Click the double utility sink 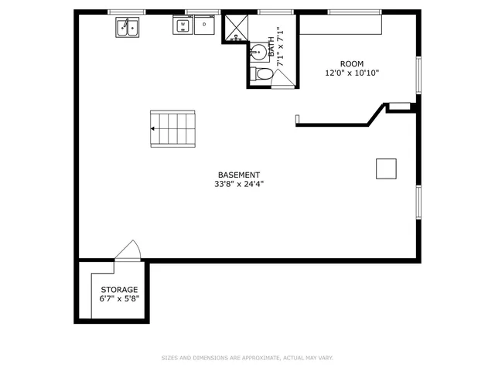click(128, 27)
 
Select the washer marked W click(183, 26)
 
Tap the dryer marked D click(204, 26)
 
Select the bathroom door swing click(282, 77)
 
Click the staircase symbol click(174, 128)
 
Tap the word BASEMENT click(238, 175)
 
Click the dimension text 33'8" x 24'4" click(238, 185)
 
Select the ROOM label click(352, 63)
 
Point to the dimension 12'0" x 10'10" click(352, 73)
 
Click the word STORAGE click(119, 289)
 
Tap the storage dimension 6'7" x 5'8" click(119, 298)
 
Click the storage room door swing click(128, 252)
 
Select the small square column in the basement click(386, 168)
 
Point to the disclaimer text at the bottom click(247, 358)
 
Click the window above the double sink click(127, 12)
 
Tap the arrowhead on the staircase click(154, 128)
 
